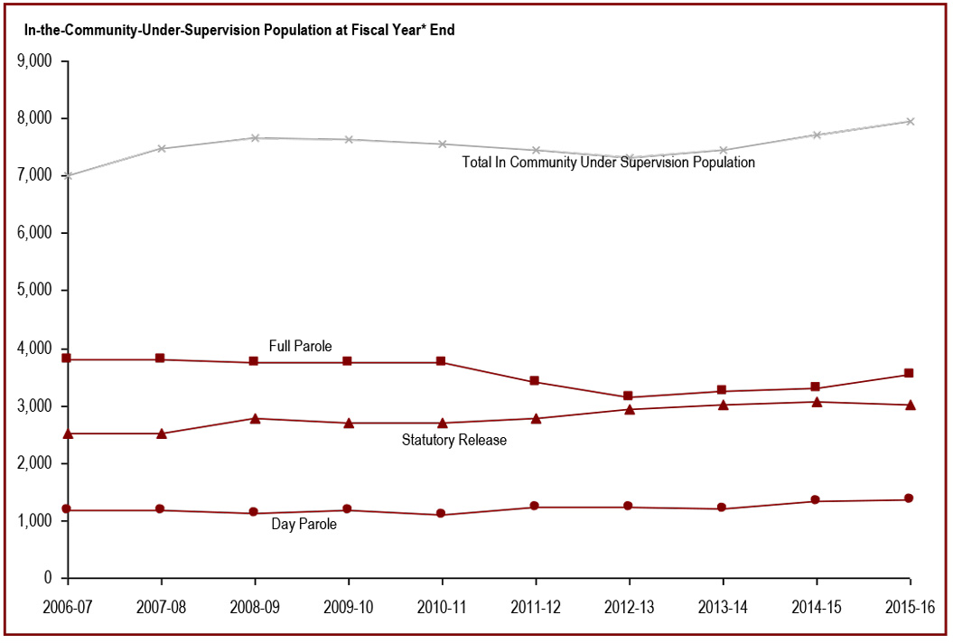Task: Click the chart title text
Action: pyautogui.click(x=239, y=30)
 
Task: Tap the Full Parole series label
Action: pyautogui.click(x=301, y=346)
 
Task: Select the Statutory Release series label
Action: pyautogui.click(x=454, y=441)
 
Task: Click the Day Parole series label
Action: pyautogui.click(x=304, y=524)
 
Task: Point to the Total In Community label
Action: pyautogui.click(x=609, y=163)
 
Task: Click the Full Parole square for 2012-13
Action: pyautogui.click(x=629, y=396)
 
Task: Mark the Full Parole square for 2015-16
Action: pyautogui.click(x=910, y=373)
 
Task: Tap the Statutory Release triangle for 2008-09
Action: pyautogui.click(x=255, y=418)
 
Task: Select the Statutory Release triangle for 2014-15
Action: pyautogui.click(x=817, y=402)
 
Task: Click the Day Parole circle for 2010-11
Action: pyautogui.click(x=442, y=514)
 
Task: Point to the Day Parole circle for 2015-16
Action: pyautogui.click(x=910, y=499)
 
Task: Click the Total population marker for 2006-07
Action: pyautogui.click(x=68, y=175)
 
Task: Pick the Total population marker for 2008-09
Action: pyautogui.click(x=255, y=138)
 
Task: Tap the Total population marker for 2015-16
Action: pyautogui.click(x=910, y=121)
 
